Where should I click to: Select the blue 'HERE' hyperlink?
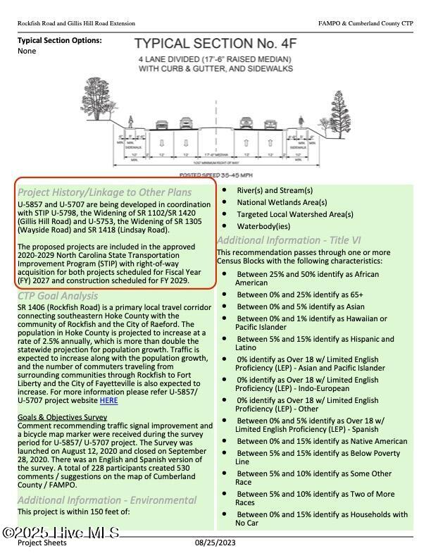coord(108,401)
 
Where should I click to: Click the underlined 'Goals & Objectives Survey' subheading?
coord(62,417)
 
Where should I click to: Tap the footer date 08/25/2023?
coord(216,542)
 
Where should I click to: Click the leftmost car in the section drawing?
coord(161,125)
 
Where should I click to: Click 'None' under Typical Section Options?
coord(27,51)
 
